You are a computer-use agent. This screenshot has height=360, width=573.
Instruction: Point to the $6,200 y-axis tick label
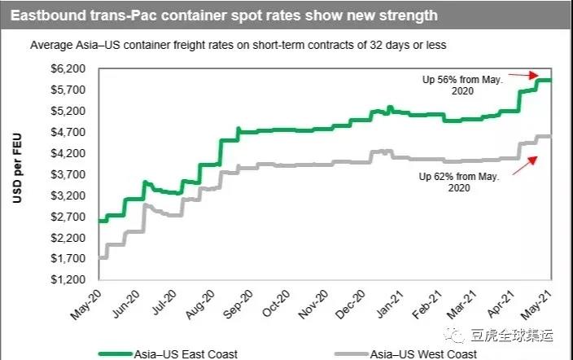68,68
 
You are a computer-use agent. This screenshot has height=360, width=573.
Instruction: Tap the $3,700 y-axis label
68,174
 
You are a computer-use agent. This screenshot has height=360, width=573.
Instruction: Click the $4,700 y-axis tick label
68,132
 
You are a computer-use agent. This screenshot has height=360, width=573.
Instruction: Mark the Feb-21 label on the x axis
435,303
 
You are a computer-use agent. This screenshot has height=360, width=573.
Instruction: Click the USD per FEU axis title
17,173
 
